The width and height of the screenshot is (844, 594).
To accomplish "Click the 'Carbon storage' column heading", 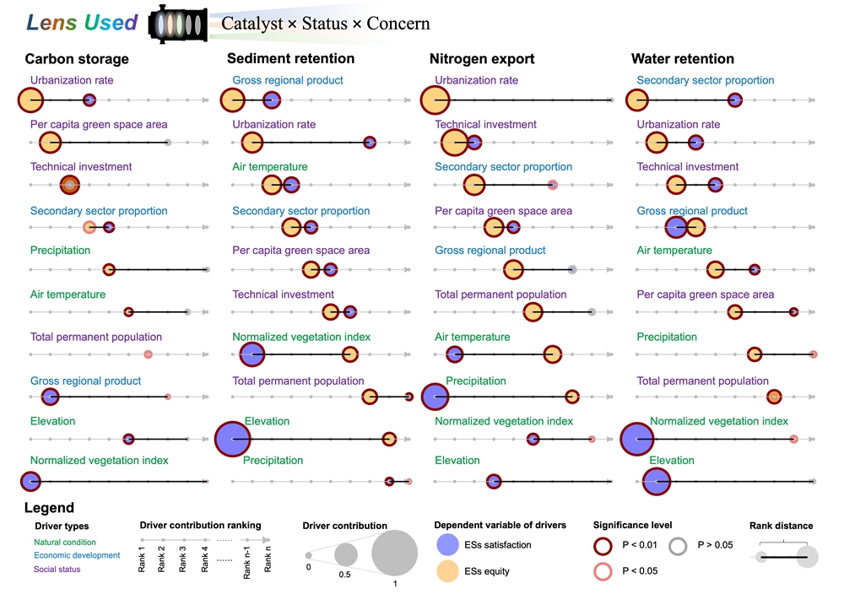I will [x=77, y=59].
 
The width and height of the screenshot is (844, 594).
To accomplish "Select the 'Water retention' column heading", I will [x=683, y=59].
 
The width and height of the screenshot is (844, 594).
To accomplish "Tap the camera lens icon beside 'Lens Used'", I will [x=176, y=24].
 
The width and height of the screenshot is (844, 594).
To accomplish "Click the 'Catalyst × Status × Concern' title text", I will [x=325, y=24].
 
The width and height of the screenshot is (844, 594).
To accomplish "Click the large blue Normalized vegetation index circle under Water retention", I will [x=638, y=440].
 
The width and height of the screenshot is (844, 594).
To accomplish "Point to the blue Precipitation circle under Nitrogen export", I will [x=435, y=397].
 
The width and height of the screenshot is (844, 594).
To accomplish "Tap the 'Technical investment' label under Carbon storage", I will [x=81, y=167].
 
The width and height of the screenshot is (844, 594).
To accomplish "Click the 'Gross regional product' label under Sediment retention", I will [x=288, y=80].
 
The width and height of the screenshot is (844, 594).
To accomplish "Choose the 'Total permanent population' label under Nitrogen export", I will [x=500, y=294].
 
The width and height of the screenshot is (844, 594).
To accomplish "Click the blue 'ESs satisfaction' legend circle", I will [x=447, y=545].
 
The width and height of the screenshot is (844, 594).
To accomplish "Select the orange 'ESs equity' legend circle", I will [x=447, y=571].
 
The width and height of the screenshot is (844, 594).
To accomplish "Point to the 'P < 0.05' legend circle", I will [x=604, y=571].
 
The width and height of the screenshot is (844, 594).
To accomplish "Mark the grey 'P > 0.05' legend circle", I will [x=679, y=545].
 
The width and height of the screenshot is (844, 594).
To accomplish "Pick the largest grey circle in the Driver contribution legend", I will [x=394, y=553].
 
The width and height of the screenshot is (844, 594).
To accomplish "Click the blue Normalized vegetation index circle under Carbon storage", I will [x=30, y=481].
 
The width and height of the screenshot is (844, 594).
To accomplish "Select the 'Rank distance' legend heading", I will [x=781, y=526].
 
